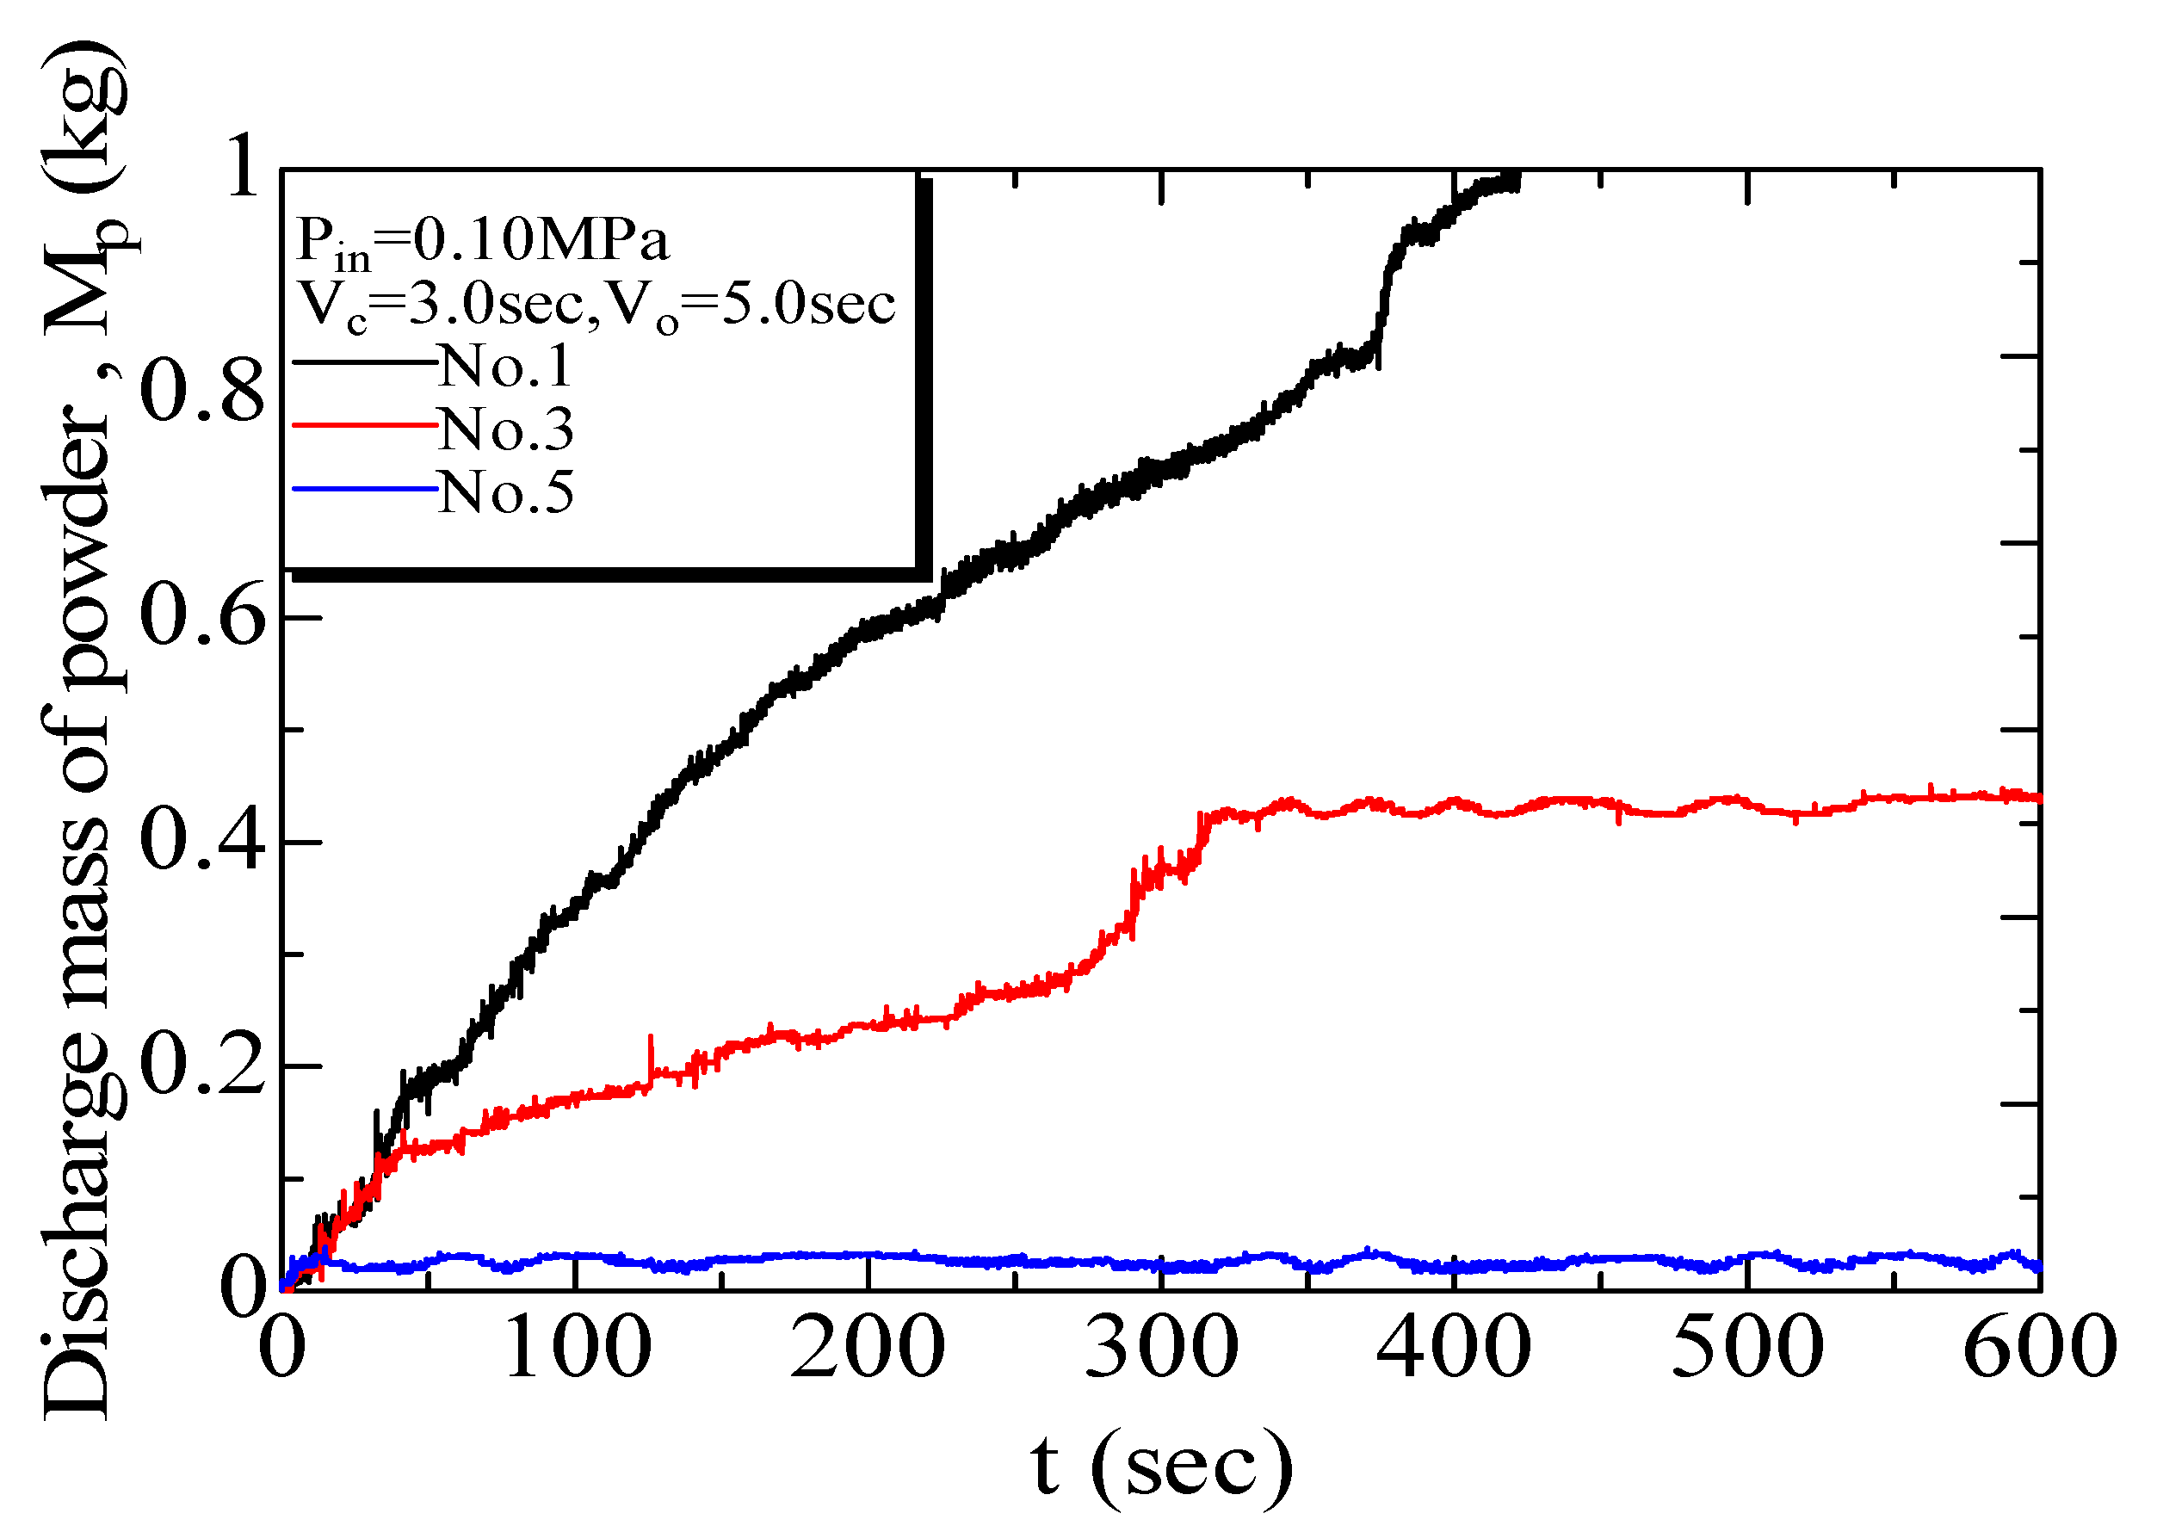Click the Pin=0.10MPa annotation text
pos(483,242)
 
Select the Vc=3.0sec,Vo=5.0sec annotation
pos(596,306)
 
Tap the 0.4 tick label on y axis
pos(201,842)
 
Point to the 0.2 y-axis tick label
pos(201,1067)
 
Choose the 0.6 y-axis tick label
pos(201,617)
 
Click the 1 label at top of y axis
pos(243,167)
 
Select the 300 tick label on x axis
pos(1161,1348)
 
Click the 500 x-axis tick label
pos(1747,1348)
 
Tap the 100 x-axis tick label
pos(577,1348)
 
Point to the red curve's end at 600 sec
pos(2036,799)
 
